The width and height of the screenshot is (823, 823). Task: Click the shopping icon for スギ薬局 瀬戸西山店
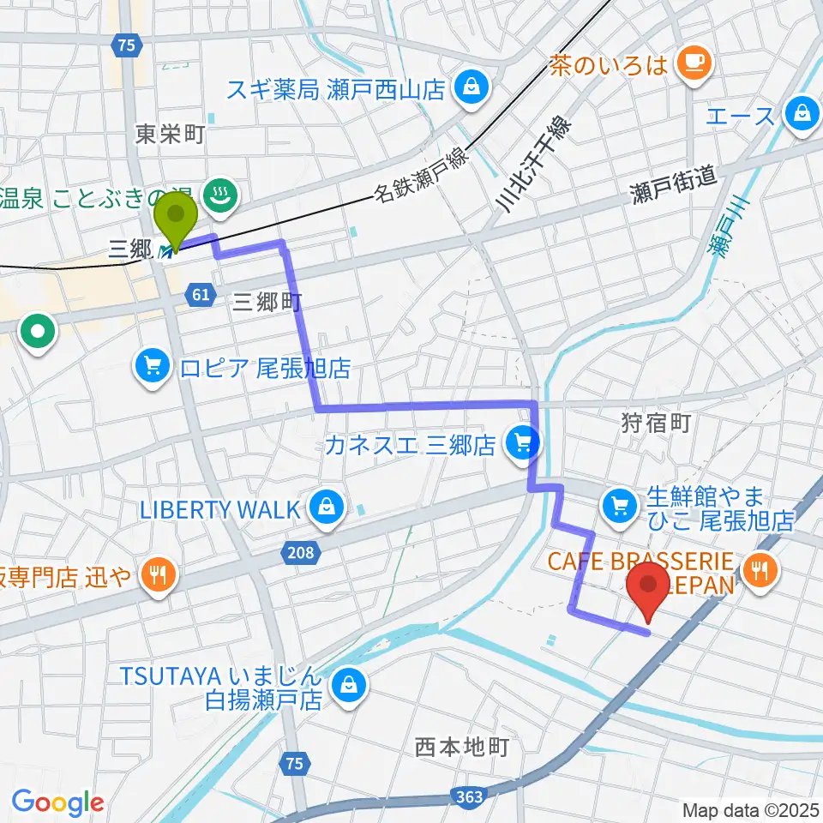[471, 86]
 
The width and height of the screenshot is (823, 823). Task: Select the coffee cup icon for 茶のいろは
[690, 61]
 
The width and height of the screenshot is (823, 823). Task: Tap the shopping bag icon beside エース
[802, 112]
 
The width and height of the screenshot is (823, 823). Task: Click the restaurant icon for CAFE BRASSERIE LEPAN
[760, 567]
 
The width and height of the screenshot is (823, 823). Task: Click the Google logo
[57, 802]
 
